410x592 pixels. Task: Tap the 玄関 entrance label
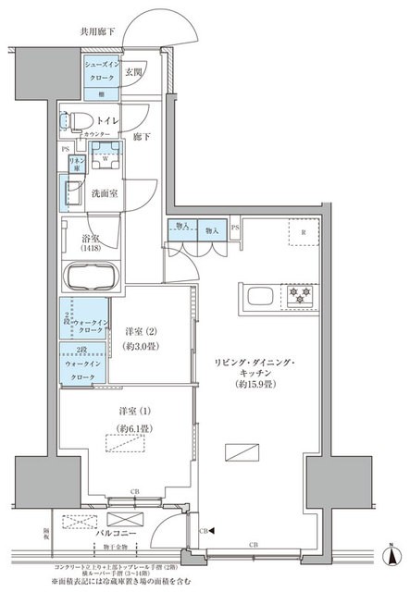click(x=133, y=73)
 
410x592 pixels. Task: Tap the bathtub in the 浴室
click(x=93, y=277)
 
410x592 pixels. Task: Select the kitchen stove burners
click(x=300, y=297)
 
